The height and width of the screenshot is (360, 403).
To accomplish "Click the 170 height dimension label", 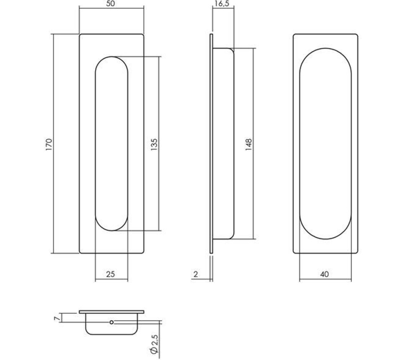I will click(x=50, y=144).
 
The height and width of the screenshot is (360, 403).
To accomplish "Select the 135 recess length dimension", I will click(x=154, y=144).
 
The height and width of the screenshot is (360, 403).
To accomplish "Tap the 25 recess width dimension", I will click(x=111, y=274).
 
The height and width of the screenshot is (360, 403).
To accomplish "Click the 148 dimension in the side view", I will click(x=248, y=144).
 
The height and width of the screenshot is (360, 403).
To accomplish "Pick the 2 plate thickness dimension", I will click(x=196, y=274).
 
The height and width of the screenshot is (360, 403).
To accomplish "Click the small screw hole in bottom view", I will click(x=112, y=322).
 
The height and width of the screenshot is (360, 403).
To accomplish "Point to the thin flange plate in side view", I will click(x=211, y=144).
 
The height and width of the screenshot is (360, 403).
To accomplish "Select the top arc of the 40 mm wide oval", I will click(x=326, y=49).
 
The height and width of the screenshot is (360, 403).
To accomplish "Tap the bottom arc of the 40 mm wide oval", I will click(x=326, y=239).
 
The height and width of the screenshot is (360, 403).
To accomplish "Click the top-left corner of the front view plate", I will click(x=80, y=35).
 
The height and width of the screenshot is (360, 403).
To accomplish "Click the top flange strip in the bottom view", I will click(x=112, y=311).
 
